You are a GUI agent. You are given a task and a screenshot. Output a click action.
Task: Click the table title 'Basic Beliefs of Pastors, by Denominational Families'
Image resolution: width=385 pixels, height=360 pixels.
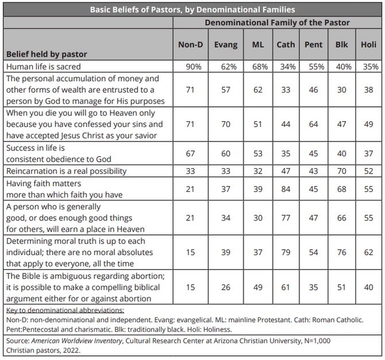[x=192, y=10]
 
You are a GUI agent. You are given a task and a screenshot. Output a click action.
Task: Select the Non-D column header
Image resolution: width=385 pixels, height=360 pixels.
[x=191, y=45]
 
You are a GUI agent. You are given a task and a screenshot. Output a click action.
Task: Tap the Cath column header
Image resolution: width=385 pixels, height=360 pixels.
[x=286, y=45]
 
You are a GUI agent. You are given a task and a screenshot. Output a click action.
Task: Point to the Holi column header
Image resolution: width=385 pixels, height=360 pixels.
[x=368, y=45]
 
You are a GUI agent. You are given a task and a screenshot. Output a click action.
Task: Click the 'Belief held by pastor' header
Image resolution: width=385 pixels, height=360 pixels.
[x=47, y=54]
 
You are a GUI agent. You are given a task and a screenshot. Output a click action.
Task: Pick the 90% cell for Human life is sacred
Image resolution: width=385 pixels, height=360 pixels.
[x=194, y=67]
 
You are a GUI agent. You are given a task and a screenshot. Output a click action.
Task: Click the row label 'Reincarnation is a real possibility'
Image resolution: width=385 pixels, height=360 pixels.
[x=66, y=171]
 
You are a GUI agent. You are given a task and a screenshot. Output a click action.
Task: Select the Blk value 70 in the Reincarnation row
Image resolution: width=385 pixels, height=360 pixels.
[x=341, y=171]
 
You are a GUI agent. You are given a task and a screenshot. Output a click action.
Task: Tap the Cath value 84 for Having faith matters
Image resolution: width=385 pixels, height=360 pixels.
[x=286, y=189]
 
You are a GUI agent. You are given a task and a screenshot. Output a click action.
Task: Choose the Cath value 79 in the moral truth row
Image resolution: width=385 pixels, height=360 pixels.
[x=286, y=252]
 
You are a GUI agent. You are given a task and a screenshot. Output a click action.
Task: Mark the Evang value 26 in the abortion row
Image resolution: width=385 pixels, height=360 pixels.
[x=226, y=287]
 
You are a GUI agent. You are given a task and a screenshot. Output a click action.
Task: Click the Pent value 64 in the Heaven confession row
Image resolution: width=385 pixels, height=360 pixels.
[x=314, y=124]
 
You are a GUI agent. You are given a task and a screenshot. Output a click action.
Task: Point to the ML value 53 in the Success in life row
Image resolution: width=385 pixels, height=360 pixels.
[x=258, y=154]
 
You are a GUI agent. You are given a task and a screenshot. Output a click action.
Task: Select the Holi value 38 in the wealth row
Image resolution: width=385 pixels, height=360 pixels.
[x=368, y=90]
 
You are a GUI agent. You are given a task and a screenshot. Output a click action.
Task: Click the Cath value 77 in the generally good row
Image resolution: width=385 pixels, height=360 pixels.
[x=286, y=218]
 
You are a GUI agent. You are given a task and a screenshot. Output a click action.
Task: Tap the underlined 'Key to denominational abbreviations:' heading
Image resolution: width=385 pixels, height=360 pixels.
[x=65, y=310]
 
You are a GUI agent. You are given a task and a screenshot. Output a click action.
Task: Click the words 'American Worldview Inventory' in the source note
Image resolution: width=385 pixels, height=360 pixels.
[x=76, y=341]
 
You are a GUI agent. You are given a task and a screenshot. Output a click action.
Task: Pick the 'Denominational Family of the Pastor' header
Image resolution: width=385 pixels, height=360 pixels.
[x=277, y=22]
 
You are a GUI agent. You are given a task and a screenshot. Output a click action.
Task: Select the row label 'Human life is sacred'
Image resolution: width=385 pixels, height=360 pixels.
[x=44, y=67]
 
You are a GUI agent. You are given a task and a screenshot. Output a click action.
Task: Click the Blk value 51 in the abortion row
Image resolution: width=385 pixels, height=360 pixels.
[x=341, y=287]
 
